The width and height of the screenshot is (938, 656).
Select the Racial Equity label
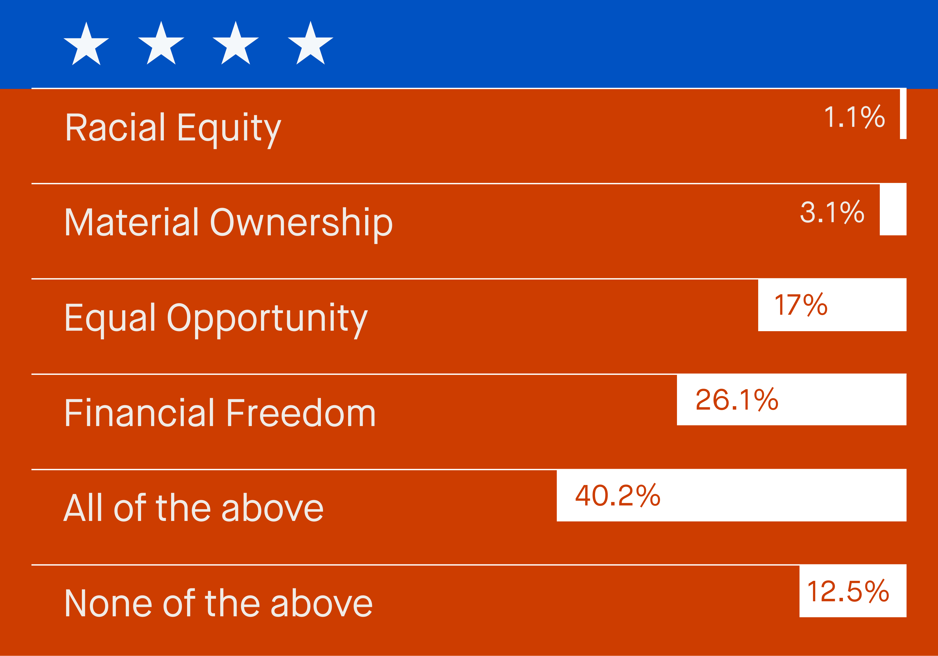point(173,128)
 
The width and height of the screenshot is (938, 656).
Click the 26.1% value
point(737,400)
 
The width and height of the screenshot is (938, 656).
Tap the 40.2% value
point(618,495)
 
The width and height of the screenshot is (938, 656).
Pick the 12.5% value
point(848,591)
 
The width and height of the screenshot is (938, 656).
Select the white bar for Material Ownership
point(893,209)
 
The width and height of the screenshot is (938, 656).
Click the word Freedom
point(301,413)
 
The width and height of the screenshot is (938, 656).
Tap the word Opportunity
point(268,320)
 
